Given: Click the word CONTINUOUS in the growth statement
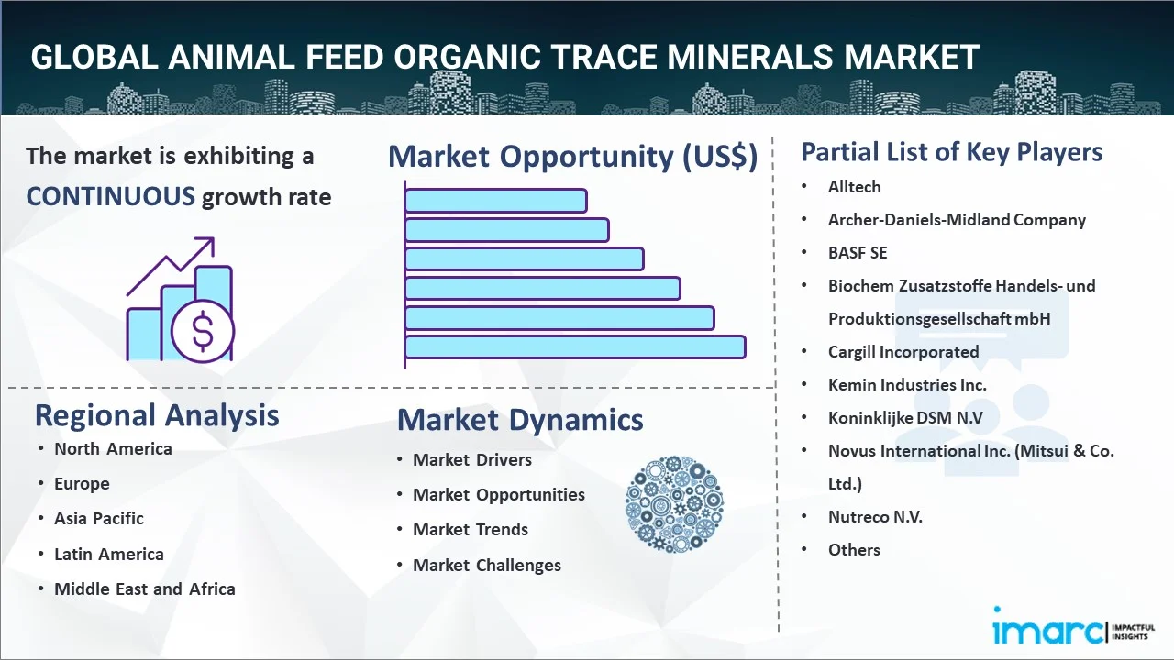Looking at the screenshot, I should pos(110,196).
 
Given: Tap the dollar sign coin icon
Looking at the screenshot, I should pos(203,332).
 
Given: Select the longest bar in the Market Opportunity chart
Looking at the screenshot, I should pos(575,346).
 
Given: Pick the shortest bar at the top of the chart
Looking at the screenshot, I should pos(495,200).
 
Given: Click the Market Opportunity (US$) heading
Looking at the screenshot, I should pos(572,156).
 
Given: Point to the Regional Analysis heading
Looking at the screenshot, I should pos(157,415).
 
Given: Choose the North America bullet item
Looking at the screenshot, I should pos(113,448).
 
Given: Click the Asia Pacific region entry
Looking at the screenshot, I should pos(99,518).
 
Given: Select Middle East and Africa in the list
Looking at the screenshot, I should pos(144,588).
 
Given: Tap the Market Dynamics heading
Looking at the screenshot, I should pos(520,420).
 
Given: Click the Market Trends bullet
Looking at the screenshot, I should pos(471,529).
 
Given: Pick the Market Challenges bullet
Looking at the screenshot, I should pos(486,565).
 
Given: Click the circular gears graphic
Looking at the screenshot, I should pos(674,504).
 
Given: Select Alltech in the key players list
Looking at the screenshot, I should pos(854,186).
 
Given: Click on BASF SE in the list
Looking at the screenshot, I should pos(858,252).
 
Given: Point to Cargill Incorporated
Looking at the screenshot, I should pos(903,351).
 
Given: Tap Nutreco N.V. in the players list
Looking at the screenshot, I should pos(875,516).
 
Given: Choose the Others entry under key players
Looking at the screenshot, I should pos(854,549).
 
